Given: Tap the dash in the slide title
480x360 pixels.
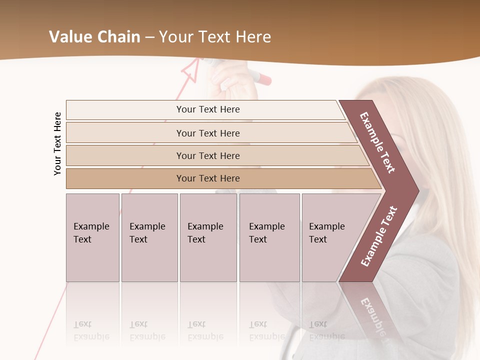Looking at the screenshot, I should pos(149,37).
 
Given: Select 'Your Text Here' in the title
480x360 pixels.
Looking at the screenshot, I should pos(214,37).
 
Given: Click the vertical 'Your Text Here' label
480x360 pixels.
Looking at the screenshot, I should pos(57,143).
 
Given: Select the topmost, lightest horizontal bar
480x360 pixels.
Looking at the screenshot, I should pos(205,109).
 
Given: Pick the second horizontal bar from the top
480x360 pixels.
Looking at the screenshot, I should pos(208,133).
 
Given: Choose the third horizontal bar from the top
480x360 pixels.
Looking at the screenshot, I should pos(208,155).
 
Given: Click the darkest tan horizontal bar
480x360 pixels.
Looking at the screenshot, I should pos(208,178).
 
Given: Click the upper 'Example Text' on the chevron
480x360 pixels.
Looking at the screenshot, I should pos(377,142).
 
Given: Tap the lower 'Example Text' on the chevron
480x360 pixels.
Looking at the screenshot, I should pos(378,236).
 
